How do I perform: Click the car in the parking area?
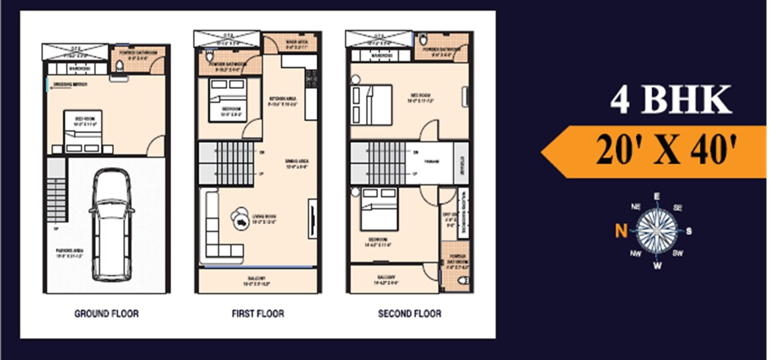pyautogui.click(x=112, y=225)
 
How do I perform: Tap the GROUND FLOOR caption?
pyautogui.click(x=106, y=313)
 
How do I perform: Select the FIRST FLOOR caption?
pyautogui.click(x=258, y=313)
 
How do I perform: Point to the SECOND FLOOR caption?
pyautogui.click(x=410, y=313)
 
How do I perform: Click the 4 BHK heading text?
pyautogui.click(x=671, y=100)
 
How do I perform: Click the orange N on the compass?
pyautogui.click(x=621, y=231)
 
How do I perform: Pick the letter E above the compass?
pyautogui.click(x=656, y=196)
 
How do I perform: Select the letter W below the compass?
pyautogui.click(x=657, y=265)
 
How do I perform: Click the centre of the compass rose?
pyautogui.click(x=657, y=231)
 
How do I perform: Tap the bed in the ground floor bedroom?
pyautogui.click(x=83, y=131)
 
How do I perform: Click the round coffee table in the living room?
pyautogui.click(x=239, y=219)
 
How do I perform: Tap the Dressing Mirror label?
pyautogui.click(x=72, y=85)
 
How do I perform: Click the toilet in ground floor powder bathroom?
pyautogui.click(x=119, y=66)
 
